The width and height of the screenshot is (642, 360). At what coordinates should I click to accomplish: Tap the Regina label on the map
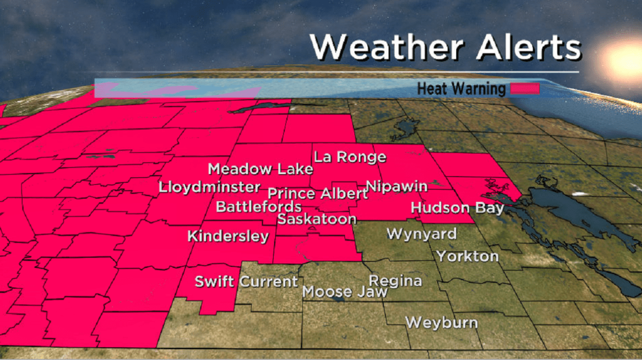point(395,281)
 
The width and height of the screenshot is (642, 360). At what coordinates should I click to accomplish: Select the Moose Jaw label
point(335,292)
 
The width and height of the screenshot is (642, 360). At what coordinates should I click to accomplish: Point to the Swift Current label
point(246,281)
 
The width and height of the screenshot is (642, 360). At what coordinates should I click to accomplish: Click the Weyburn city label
point(441,323)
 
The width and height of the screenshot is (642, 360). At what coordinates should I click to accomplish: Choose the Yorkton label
point(467,256)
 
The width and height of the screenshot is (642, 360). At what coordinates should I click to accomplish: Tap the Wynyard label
point(421,234)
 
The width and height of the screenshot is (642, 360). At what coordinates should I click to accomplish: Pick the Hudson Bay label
point(457,208)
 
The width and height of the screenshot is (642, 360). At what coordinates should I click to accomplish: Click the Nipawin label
point(397,186)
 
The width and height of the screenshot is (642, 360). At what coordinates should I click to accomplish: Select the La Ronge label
point(350,157)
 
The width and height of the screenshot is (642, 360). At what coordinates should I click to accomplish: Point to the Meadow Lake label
point(260,169)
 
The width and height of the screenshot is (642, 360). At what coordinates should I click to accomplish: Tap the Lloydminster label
point(210,188)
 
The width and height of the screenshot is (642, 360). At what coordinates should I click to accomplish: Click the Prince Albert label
point(318,193)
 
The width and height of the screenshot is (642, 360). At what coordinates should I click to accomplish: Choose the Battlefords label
point(258,206)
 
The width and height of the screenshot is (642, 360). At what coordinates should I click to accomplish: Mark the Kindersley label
point(228,236)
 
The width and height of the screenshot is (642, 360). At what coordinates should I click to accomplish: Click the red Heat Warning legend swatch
point(524,88)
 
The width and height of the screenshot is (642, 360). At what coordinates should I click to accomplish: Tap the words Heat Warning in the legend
point(461,88)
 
